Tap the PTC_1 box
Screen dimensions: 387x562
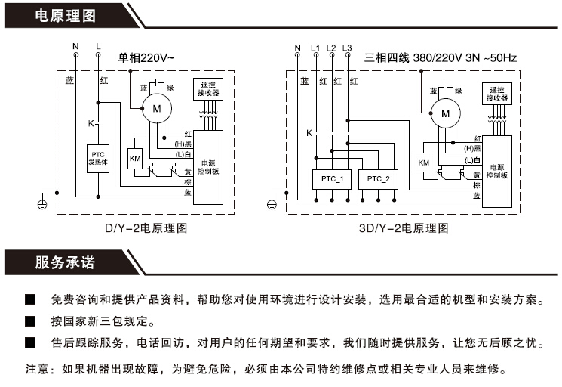[x=331, y=179]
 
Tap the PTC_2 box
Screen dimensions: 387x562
[x=379, y=179]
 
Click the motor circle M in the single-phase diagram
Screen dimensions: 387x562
[x=157, y=110]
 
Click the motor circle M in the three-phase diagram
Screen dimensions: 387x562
[x=445, y=114]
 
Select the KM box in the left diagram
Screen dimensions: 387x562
[x=135, y=158]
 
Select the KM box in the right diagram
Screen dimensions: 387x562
[x=423, y=163]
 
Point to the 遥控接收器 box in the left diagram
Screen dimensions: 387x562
[x=207, y=88]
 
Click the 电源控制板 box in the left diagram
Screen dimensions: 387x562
[x=207, y=166]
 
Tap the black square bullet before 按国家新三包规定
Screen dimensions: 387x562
[x=30, y=321]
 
